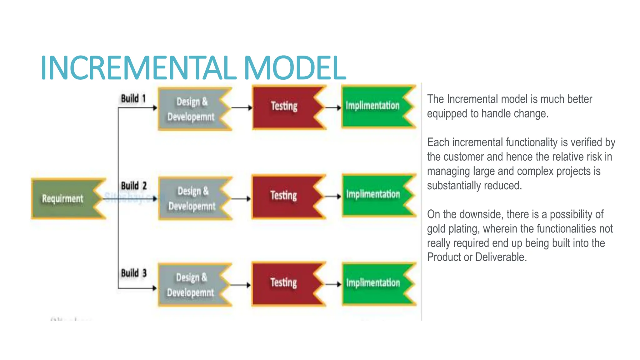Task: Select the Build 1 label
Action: click(x=133, y=98)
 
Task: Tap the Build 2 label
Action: click(x=134, y=186)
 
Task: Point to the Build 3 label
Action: click(x=134, y=273)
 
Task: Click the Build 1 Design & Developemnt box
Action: click(x=191, y=109)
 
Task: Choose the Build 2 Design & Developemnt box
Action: click(x=192, y=198)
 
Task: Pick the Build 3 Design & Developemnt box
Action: click(x=191, y=285)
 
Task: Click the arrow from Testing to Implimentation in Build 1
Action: click(x=333, y=108)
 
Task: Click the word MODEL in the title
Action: click(x=295, y=68)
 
